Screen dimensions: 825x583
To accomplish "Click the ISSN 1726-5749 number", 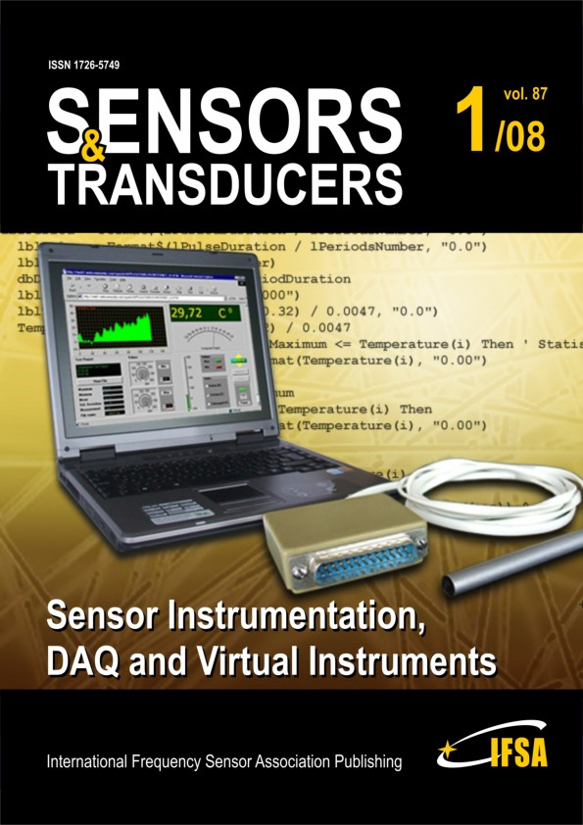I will tap(89, 65).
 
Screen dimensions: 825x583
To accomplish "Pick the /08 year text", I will tap(520, 136).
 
